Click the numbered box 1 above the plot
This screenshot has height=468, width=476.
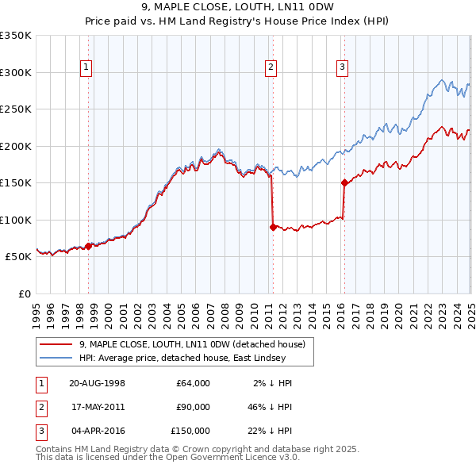click(x=86, y=68)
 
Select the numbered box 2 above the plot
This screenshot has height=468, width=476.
click(x=271, y=68)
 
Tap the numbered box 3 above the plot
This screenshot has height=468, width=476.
click(x=342, y=68)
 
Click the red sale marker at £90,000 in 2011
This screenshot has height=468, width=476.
click(x=273, y=227)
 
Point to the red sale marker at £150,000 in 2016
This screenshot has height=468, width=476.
click(x=344, y=182)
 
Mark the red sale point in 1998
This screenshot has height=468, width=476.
click(x=88, y=246)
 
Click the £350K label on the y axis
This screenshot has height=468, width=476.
click(x=16, y=36)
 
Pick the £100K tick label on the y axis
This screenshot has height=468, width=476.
click(x=16, y=220)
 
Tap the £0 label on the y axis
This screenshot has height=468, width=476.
click(x=23, y=293)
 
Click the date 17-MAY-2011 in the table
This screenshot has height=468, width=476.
click(x=97, y=407)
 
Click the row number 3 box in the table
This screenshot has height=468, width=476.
click(x=40, y=431)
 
